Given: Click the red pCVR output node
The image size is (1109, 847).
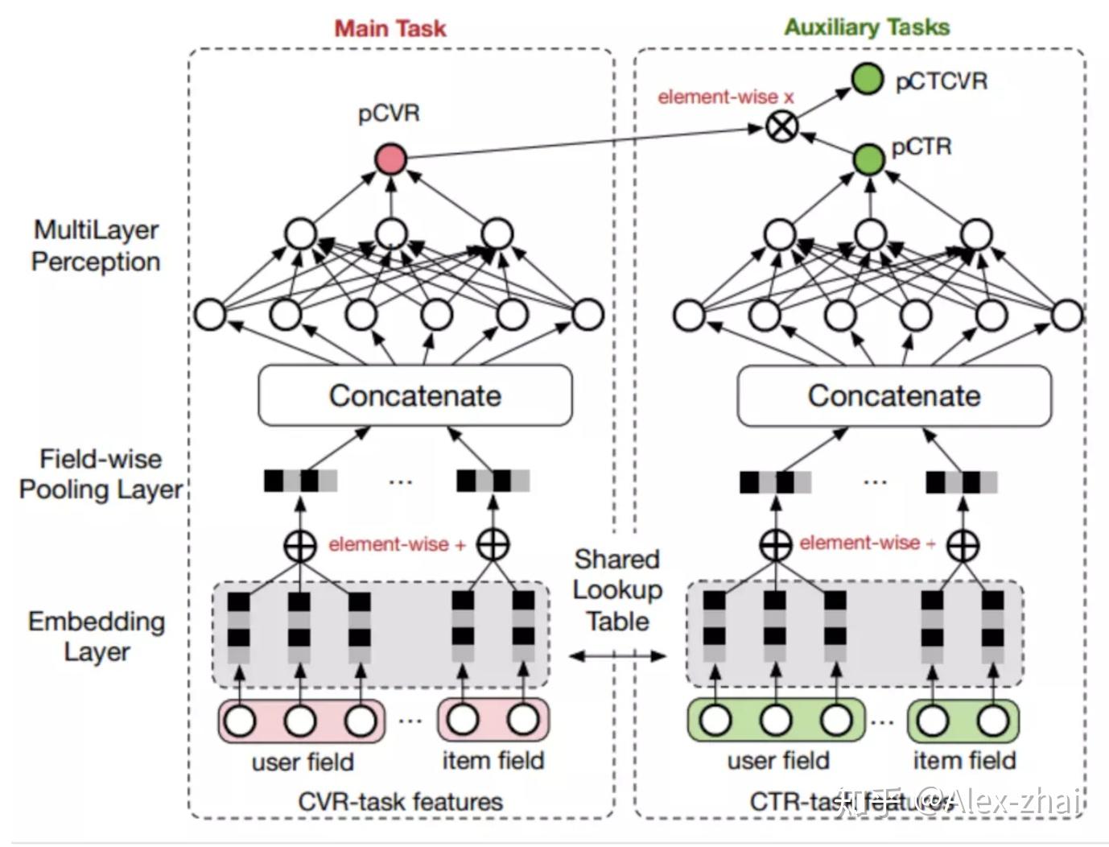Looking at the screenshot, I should [391, 159].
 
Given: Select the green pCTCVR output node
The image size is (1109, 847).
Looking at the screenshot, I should [867, 79].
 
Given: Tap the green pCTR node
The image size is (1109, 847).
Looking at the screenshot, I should [868, 159].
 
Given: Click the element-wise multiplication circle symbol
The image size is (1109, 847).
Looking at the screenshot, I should [781, 126].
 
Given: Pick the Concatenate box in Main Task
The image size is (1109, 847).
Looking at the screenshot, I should [414, 395].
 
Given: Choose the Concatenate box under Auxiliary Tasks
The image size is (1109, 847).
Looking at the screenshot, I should [894, 395].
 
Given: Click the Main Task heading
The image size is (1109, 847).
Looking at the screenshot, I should [390, 28].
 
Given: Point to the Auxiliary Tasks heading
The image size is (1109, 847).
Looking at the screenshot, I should [867, 27].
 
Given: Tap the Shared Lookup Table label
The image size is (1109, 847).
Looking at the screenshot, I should [617, 590].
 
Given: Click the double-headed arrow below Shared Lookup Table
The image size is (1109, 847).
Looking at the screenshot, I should [617, 656].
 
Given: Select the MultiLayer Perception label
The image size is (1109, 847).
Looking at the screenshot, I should [96, 246].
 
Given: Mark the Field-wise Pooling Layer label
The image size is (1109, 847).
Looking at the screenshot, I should [101, 474].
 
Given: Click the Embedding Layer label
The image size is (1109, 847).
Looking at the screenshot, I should [97, 636].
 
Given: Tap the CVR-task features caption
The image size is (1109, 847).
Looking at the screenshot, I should [400, 801].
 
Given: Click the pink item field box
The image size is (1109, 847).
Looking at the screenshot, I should [493, 720].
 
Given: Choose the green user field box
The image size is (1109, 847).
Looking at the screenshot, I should [776, 720].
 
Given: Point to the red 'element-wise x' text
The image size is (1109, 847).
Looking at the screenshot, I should [725, 97].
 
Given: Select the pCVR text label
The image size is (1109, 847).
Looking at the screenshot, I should [389, 114].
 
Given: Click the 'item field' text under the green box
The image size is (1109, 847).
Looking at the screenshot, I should [964, 760].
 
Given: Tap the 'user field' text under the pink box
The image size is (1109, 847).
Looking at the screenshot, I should [303, 762].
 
